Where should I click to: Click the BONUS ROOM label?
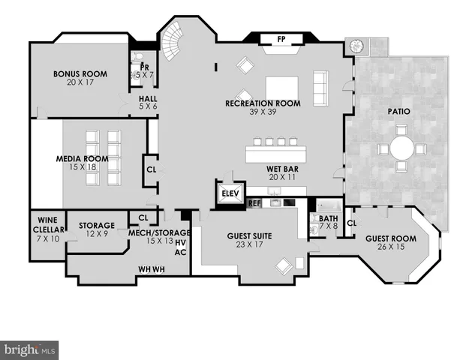pyautogui.click(x=80, y=74)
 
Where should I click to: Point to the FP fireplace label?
pyautogui.click(x=281, y=39)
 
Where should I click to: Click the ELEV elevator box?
pyautogui.click(x=230, y=193)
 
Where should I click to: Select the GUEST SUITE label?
pyautogui.click(x=249, y=236)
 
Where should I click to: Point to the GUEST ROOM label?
pyautogui.click(x=389, y=238)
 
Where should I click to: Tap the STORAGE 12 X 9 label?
pyautogui.click(x=98, y=226)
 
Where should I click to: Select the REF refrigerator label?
pyautogui.click(x=254, y=203)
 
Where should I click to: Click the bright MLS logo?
pyautogui.click(x=30, y=349)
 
